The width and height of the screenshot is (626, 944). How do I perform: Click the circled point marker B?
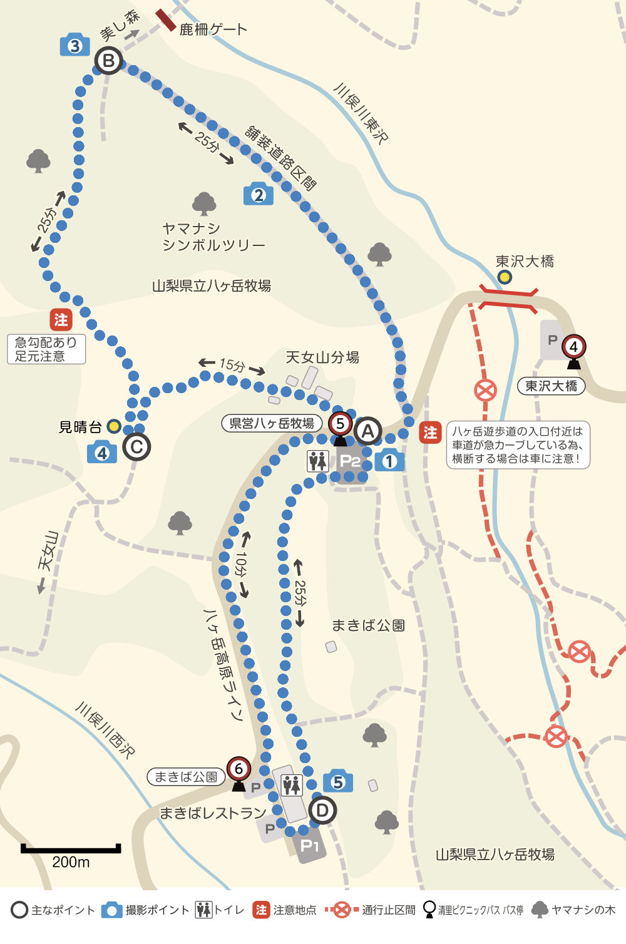point(109,61)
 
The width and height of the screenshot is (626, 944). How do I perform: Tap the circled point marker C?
point(136,447)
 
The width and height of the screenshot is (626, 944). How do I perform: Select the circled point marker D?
point(322,811)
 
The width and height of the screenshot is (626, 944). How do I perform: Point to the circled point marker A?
point(367,431)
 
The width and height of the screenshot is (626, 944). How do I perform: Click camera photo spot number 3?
point(74,45)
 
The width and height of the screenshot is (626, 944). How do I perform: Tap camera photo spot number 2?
point(259,194)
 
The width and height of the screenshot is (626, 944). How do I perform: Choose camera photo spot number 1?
point(389,461)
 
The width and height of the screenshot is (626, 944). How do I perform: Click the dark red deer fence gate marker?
point(166,20)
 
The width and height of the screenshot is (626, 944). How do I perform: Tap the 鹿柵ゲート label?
point(213,29)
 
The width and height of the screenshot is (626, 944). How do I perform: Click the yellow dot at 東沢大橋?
point(504,277)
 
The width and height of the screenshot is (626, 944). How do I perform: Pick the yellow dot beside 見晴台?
point(113,426)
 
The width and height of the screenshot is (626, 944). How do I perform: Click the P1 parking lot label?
point(310,846)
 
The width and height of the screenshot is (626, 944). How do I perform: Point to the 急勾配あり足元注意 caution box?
point(46,349)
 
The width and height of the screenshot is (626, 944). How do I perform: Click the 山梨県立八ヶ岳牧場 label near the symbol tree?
point(212,286)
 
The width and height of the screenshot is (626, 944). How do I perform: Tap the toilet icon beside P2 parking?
point(318,461)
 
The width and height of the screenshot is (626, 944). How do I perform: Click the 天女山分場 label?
point(322,357)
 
